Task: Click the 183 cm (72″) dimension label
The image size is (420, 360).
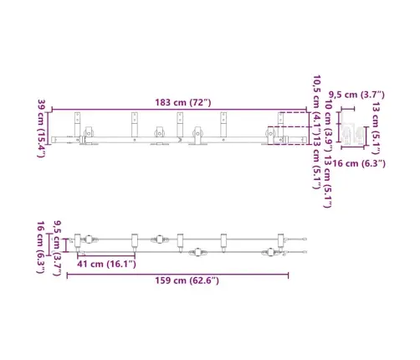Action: [183, 102]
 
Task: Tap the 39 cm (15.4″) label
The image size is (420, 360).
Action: [42, 128]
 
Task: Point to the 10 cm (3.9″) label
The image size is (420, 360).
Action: [329, 126]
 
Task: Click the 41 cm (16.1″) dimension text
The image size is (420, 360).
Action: [106, 264]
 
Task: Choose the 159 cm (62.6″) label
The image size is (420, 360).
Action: [187, 280]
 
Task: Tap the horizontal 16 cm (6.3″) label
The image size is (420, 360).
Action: [359, 163]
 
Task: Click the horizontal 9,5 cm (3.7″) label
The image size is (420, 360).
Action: [356, 95]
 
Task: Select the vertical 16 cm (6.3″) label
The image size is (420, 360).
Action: [41, 247]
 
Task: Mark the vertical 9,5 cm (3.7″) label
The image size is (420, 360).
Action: [57, 249]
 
